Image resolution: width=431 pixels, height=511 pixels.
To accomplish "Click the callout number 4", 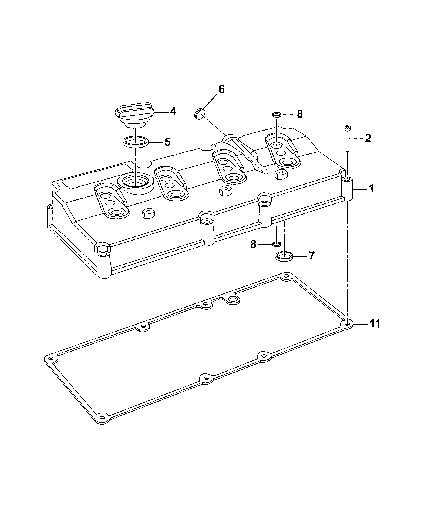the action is point(173,111).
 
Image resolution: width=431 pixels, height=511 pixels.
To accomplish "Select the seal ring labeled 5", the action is point(136,142).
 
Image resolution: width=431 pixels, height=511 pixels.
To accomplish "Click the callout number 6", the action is point(221,89).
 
